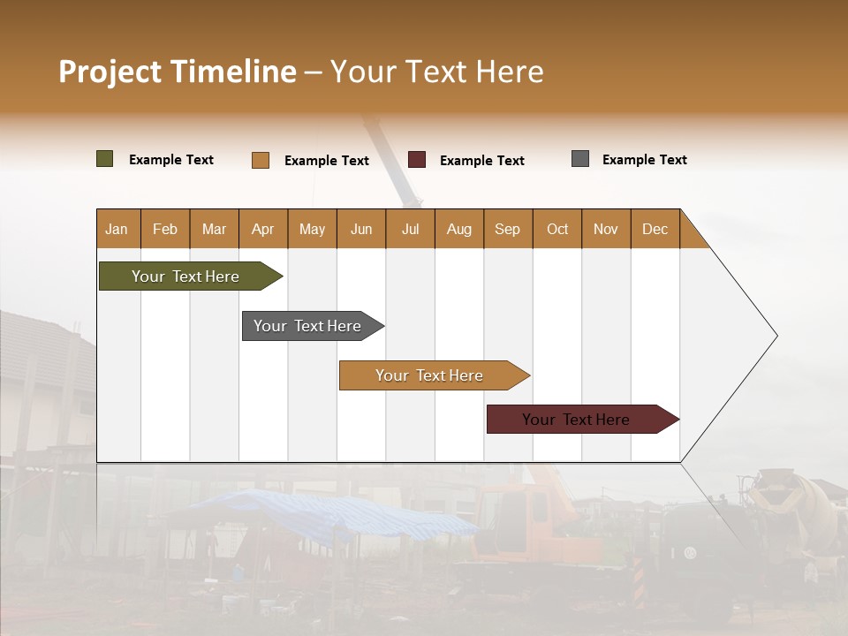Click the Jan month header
pos(117,229)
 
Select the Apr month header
pos(262,229)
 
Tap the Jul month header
pos(410,229)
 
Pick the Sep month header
pos(507,229)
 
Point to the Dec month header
pos(655,229)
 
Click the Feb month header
pos(165,229)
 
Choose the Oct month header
pos(557,229)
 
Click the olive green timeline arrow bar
pos(185,276)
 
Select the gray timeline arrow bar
pos(307,326)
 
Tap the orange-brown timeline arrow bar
pos(429,375)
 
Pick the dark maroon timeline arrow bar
pos(576,420)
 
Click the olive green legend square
pos(105,159)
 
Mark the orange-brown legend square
pos(261,160)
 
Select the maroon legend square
pos(417,160)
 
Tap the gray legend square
pos(580,159)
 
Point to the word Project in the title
pos(110,72)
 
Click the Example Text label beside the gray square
pos(644,160)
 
